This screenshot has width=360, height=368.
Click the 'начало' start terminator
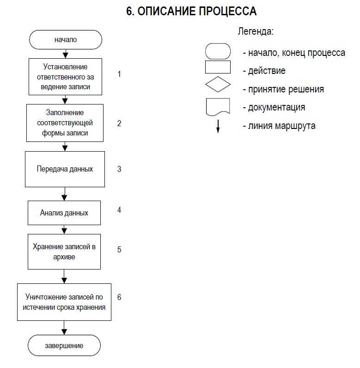[66, 40]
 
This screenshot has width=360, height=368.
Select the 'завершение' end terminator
[64, 345]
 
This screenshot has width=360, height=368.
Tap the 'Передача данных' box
[65, 169]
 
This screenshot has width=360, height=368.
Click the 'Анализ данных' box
[64, 213]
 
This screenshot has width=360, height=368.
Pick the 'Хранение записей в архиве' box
[64, 251]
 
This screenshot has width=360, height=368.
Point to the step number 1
[119, 74]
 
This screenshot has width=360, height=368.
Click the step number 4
[119, 209]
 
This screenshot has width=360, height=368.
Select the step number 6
[119, 297]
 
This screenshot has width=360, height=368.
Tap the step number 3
[119, 169]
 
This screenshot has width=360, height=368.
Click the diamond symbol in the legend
[218, 84]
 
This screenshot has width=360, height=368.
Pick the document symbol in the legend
[218, 107]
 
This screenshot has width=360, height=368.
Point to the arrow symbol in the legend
[218, 127]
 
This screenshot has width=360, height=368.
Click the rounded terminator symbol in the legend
[218, 51]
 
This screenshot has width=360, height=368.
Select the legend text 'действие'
[267, 71]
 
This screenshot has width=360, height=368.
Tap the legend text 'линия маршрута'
[281, 126]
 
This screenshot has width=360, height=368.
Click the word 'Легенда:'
[256, 31]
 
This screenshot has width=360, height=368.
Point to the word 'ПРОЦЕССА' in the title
[228, 11]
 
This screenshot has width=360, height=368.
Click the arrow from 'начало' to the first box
[66, 54]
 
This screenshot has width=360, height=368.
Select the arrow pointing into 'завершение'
[64, 328]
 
